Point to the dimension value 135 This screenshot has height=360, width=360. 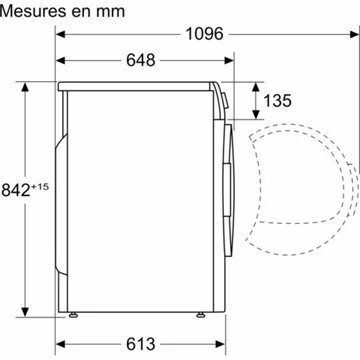pos(280,100)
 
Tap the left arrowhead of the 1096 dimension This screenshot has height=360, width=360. pos(59,35)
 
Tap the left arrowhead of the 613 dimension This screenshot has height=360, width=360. pos(59,346)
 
